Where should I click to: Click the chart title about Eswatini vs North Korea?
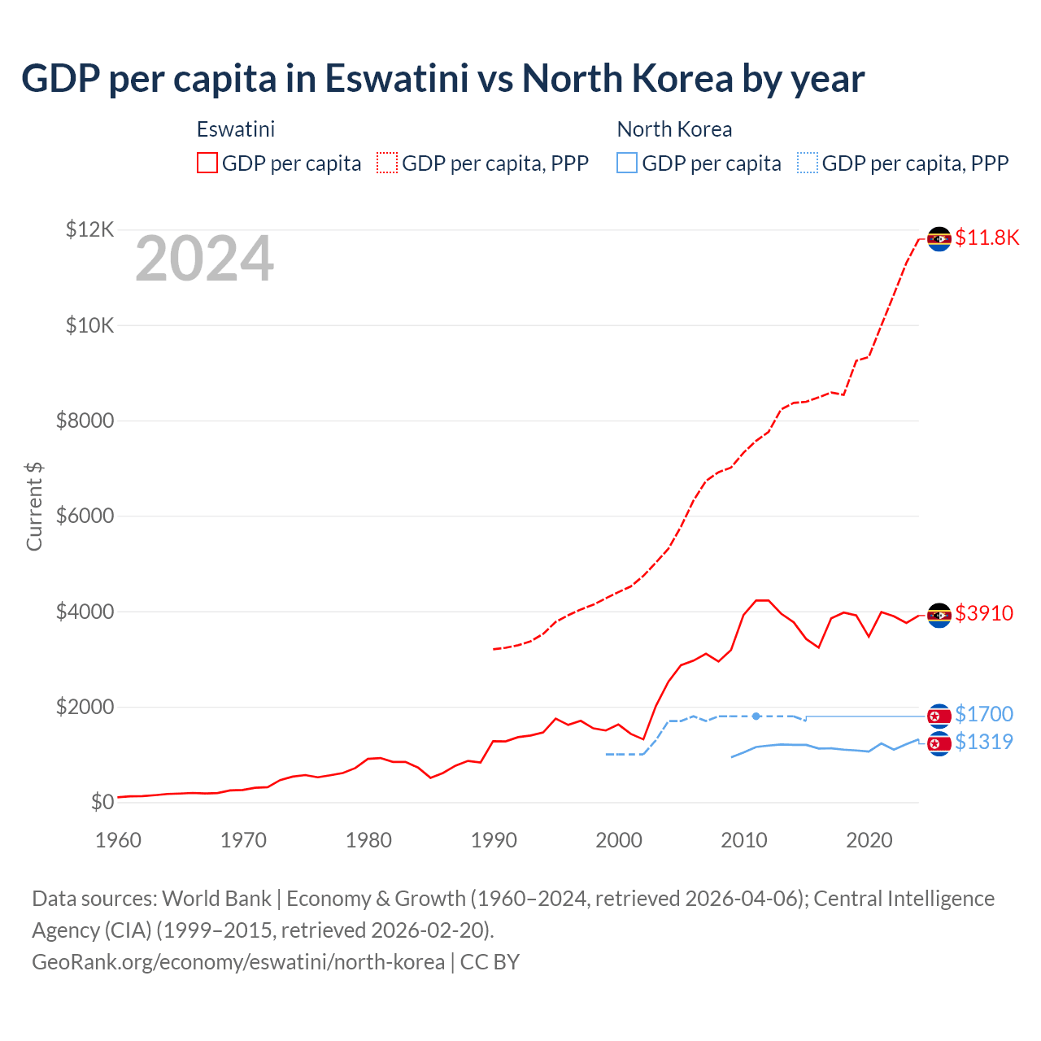[x=442, y=79]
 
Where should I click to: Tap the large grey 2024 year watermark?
[x=204, y=259]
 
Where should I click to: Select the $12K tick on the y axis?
[x=89, y=230]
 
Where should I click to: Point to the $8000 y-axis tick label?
[x=85, y=421]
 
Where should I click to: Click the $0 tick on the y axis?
[x=102, y=803]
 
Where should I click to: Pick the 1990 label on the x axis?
[x=494, y=840]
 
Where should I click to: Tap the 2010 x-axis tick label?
[x=744, y=840]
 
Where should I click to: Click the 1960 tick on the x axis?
[x=119, y=840]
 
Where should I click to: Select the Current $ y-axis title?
[x=34, y=506]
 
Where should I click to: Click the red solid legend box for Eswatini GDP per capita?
[x=207, y=163]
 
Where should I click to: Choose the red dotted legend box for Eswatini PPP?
[x=387, y=163]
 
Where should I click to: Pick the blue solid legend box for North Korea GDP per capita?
[x=627, y=163]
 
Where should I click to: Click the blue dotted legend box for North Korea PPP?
[x=808, y=163]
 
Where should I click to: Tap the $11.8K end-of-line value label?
[x=987, y=237]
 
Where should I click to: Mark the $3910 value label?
[x=984, y=613]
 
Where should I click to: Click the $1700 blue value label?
[x=984, y=714]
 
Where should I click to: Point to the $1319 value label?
[x=984, y=742]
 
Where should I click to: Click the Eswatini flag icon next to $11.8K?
[x=939, y=239]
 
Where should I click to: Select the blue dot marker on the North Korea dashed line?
[x=756, y=717]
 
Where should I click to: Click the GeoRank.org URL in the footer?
[x=238, y=962]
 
